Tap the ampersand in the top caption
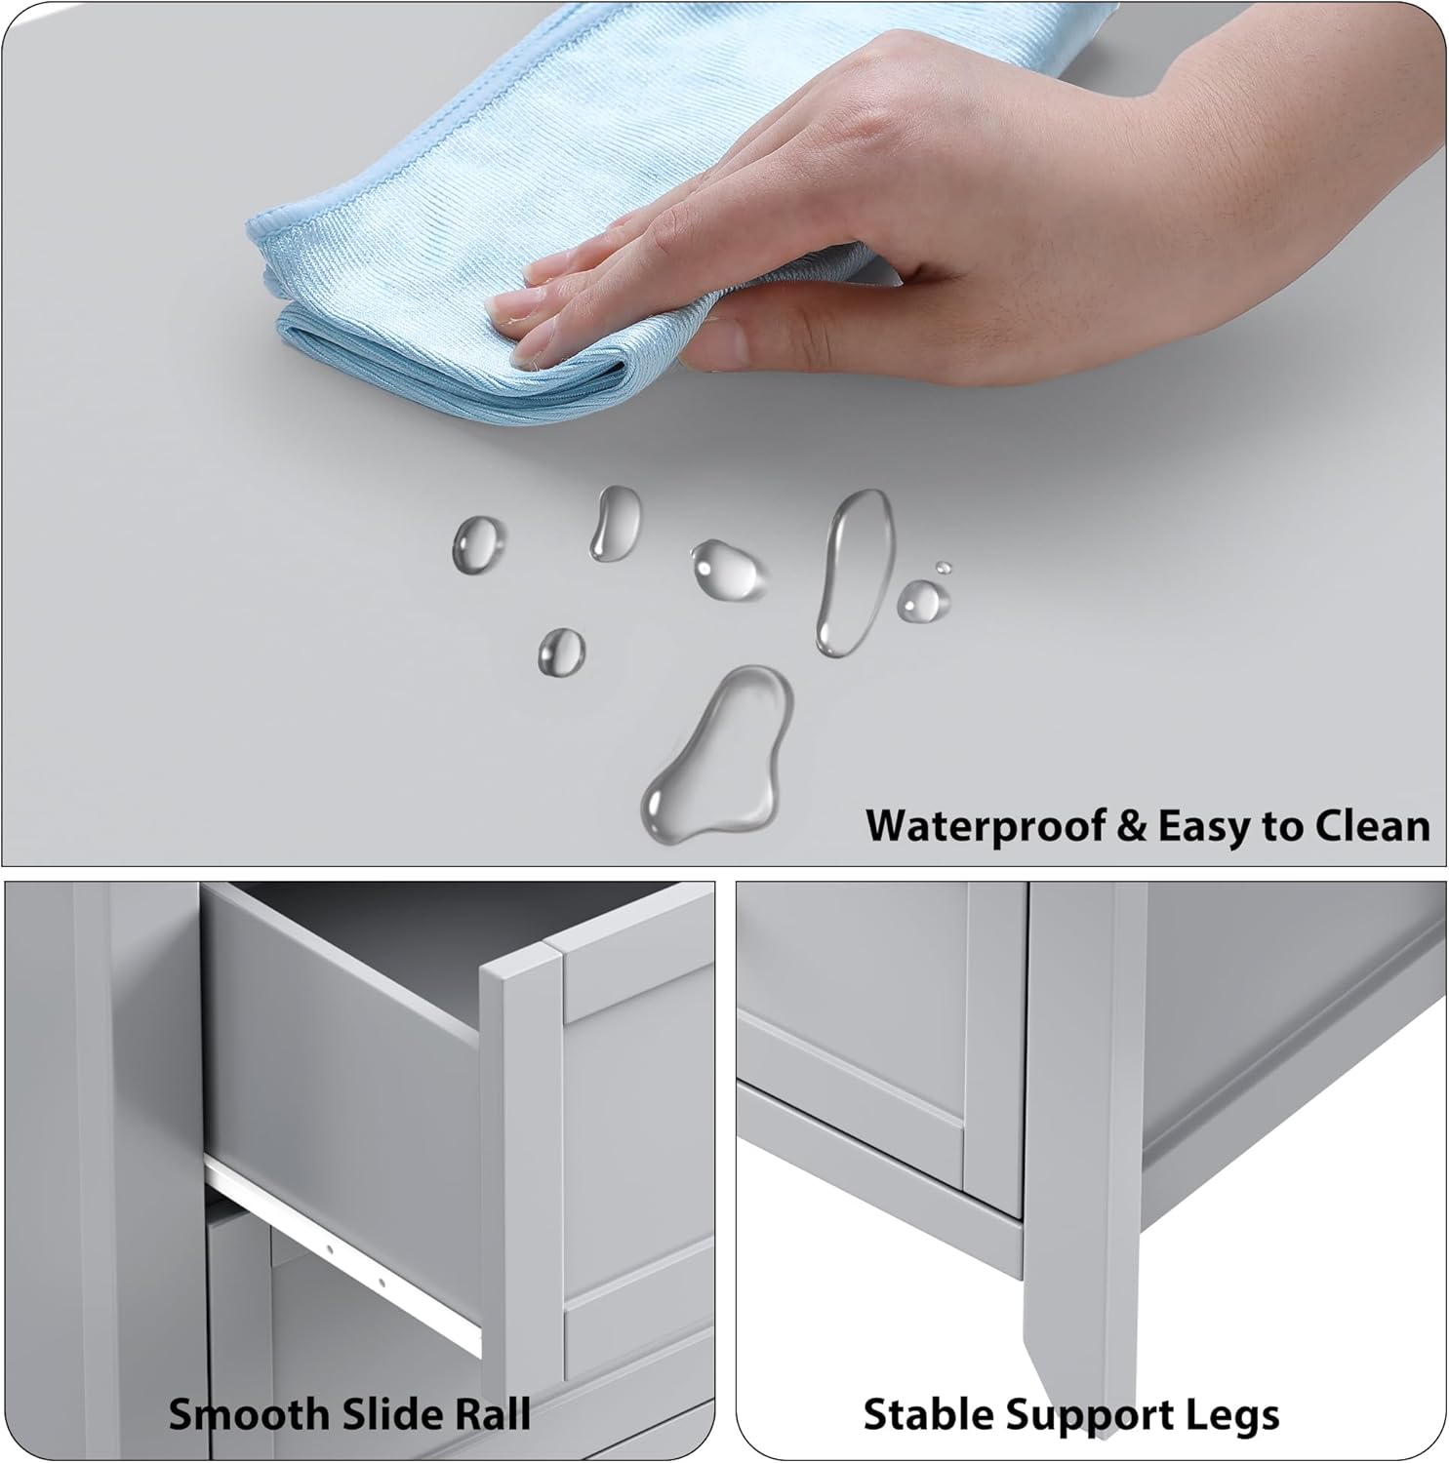click(x=1132, y=825)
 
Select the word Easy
click(x=1206, y=827)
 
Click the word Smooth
click(x=249, y=1414)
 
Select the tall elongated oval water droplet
click(x=854, y=572)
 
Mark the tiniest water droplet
click(x=943, y=568)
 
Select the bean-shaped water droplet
click(x=615, y=523)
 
